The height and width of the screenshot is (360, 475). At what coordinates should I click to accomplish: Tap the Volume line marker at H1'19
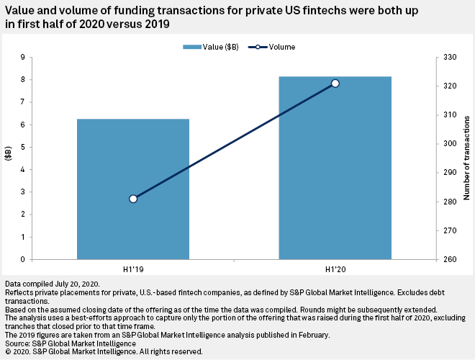(133, 199)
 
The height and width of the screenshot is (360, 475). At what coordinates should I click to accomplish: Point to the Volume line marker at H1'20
(335, 84)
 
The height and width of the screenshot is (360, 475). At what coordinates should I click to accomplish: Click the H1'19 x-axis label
(133, 269)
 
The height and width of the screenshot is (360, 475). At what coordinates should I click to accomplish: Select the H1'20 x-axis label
(335, 269)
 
